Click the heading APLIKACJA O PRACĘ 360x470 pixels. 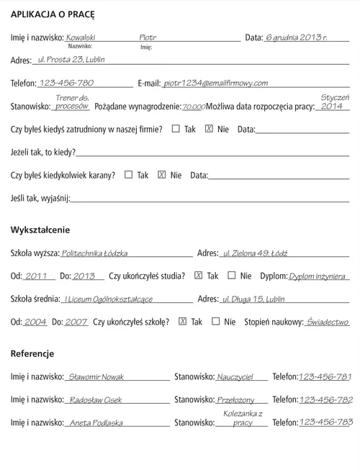(x=53, y=14)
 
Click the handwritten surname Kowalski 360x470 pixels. (x=81, y=37)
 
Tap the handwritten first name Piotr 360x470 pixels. (x=148, y=37)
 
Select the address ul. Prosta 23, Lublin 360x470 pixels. (x=71, y=60)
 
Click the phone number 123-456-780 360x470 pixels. (x=66, y=83)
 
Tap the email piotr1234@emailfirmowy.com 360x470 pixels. (x=216, y=83)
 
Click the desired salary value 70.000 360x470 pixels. (x=193, y=107)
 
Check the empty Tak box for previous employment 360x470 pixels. (x=176, y=129)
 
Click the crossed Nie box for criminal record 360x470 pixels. (x=161, y=174)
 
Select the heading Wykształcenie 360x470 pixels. (x=40, y=230)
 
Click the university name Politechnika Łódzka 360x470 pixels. (x=94, y=253)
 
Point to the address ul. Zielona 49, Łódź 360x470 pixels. (x=255, y=253)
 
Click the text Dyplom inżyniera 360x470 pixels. (x=318, y=276)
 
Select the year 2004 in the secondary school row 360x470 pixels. (x=35, y=322)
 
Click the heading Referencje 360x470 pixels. (x=32, y=353)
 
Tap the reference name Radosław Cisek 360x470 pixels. (x=96, y=400)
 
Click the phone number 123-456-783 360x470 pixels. (x=325, y=422)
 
